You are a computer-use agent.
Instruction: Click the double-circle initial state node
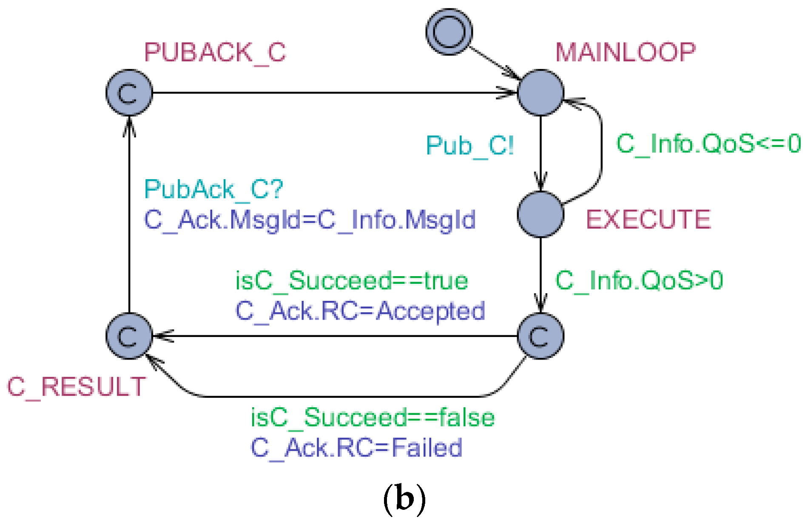pyautogui.click(x=449, y=32)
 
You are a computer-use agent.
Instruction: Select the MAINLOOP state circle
pyautogui.click(x=540, y=92)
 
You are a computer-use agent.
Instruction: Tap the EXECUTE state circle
pyautogui.click(x=540, y=214)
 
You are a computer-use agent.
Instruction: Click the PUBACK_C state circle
pyautogui.click(x=129, y=92)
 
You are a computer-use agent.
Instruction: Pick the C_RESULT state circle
pyautogui.click(x=129, y=336)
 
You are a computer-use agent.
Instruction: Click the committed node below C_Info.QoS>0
pyautogui.click(x=540, y=336)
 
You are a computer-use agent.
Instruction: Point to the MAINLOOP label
pyautogui.click(x=625, y=52)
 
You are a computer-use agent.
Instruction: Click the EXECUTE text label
pyautogui.click(x=648, y=220)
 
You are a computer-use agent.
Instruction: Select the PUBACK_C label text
pyautogui.click(x=215, y=53)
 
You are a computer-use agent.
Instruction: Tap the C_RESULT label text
pyautogui.click(x=77, y=387)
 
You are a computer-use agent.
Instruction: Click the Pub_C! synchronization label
pyautogui.click(x=470, y=146)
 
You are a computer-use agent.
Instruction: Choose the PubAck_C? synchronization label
pyautogui.click(x=213, y=189)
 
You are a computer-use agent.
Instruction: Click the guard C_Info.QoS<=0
pyautogui.click(x=708, y=143)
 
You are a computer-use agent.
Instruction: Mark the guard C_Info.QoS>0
pyautogui.click(x=639, y=280)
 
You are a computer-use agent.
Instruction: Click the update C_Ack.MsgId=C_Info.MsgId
pyautogui.click(x=310, y=220)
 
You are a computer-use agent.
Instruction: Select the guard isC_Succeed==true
pyautogui.click(x=352, y=281)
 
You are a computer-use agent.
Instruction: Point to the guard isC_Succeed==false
pyautogui.click(x=373, y=417)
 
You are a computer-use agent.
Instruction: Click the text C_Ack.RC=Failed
pyautogui.click(x=356, y=448)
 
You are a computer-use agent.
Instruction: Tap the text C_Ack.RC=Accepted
pyautogui.click(x=360, y=311)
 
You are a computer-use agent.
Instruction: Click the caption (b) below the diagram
pyautogui.click(x=404, y=498)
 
